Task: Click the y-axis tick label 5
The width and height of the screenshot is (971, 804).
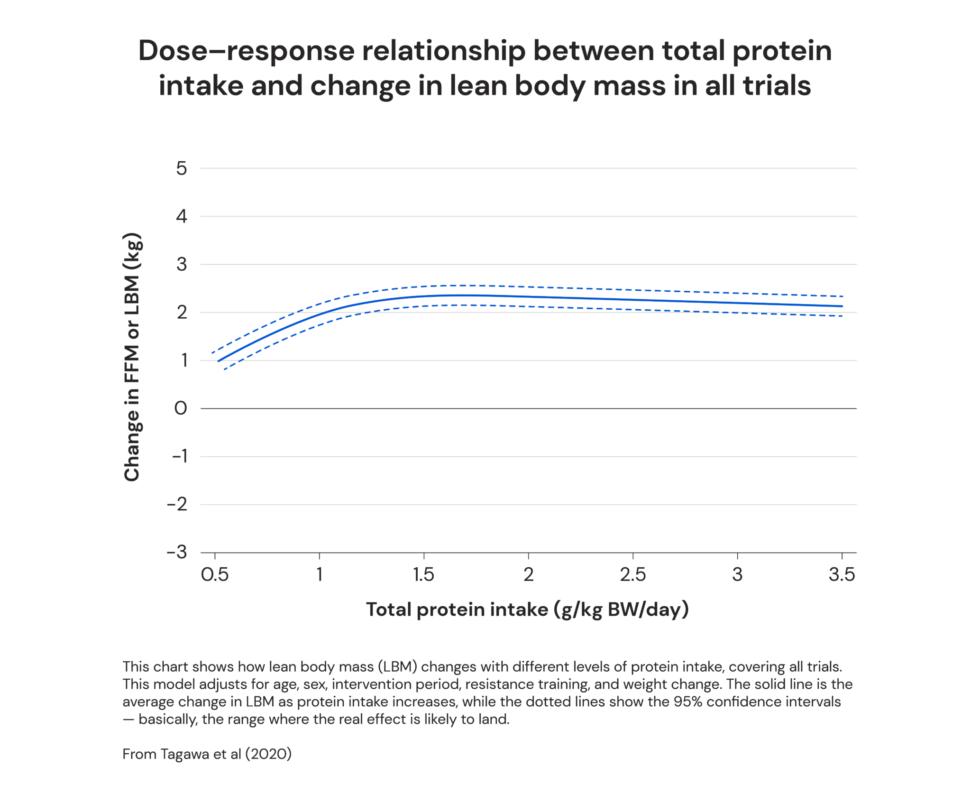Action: (x=182, y=168)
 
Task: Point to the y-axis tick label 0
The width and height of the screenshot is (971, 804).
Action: (x=181, y=408)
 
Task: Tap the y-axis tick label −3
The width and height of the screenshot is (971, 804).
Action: (x=177, y=552)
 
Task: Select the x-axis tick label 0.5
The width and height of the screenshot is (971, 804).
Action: (x=215, y=574)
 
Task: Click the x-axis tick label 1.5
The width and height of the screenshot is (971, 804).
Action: (x=423, y=574)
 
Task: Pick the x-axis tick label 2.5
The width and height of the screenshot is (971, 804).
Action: (x=632, y=574)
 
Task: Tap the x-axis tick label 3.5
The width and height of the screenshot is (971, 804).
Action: (x=842, y=574)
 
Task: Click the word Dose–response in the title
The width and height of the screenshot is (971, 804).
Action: (x=246, y=51)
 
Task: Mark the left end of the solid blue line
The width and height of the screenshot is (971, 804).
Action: (x=218, y=361)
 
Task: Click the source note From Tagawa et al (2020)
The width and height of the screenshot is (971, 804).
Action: (x=207, y=754)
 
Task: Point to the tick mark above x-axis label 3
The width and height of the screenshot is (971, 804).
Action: (x=737, y=556)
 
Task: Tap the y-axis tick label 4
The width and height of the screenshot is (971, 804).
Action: (x=182, y=217)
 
